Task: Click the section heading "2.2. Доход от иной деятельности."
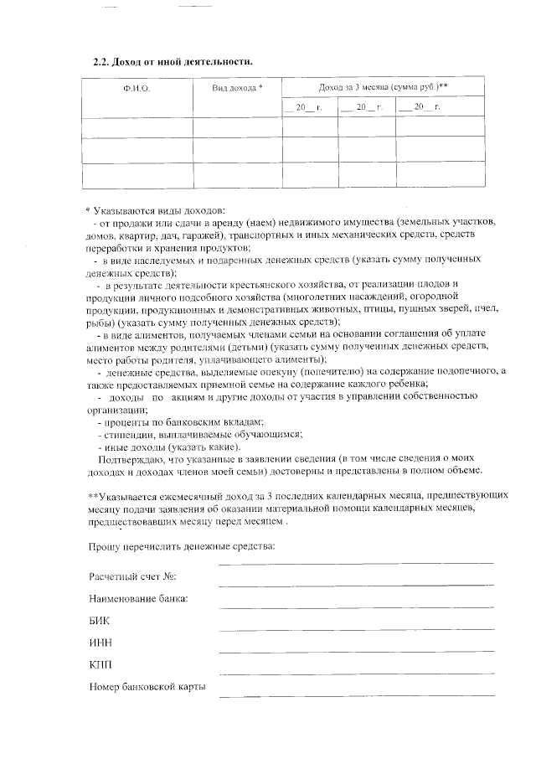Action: [172, 62]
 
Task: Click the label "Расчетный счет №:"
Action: [133, 577]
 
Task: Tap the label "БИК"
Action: [99, 621]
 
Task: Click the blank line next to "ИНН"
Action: [356, 648]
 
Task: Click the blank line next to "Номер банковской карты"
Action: [356, 693]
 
